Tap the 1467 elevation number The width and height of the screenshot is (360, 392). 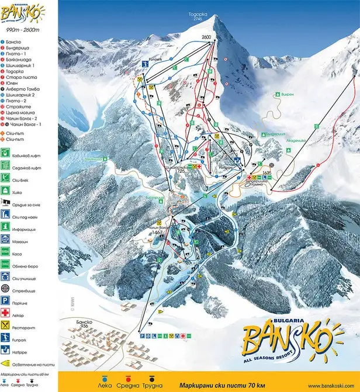[x=157, y=232]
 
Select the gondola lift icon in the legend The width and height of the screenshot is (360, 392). [x=5, y=154]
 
